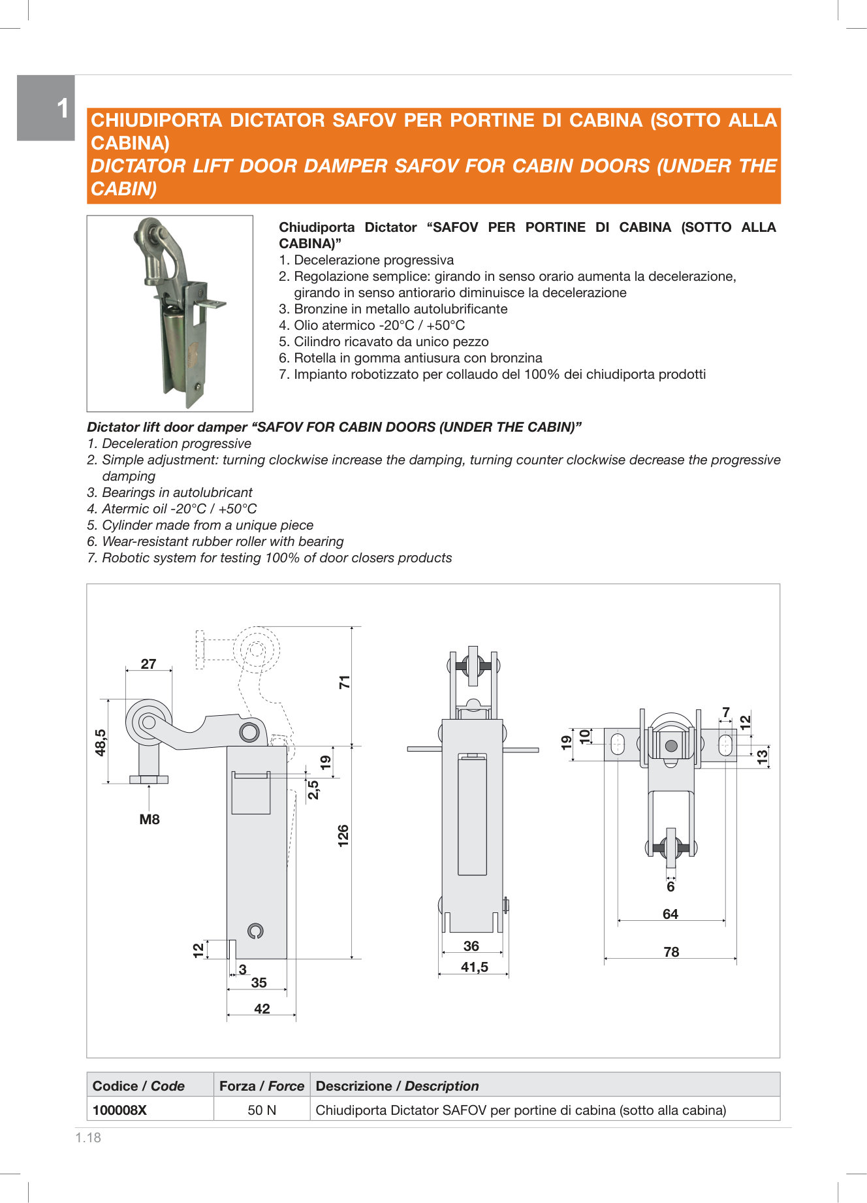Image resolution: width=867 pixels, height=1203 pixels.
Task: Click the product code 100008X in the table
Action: (119, 1110)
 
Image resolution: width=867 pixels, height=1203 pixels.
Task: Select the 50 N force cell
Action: (262, 1110)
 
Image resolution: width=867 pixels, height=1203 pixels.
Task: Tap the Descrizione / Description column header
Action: (397, 1085)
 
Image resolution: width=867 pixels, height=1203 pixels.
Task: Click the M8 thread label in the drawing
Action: (150, 819)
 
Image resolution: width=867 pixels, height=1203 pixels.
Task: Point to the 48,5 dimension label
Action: (101, 743)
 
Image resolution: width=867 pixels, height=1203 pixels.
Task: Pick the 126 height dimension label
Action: (343, 836)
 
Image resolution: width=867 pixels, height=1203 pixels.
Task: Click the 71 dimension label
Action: (345, 682)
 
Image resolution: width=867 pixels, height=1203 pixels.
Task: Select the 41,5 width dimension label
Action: (475, 967)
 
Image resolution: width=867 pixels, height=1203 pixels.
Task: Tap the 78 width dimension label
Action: (671, 952)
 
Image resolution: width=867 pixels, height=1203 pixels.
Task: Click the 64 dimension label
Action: (670, 914)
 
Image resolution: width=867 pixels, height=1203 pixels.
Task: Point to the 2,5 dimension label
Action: (314, 789)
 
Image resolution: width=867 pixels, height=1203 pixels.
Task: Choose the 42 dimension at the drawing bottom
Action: (262, 1009)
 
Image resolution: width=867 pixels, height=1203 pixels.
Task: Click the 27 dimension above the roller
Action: (149, 664)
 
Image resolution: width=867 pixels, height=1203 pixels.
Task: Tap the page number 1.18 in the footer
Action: (88, 1138)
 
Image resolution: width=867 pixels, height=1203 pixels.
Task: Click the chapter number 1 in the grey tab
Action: (63, 108)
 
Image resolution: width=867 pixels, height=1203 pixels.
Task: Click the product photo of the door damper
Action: (170, 313)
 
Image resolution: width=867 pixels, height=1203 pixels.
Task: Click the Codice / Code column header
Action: (138, 1085)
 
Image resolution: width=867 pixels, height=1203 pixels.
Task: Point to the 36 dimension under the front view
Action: (471, 946)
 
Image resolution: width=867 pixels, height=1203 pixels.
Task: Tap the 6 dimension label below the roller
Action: (670, 887)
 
